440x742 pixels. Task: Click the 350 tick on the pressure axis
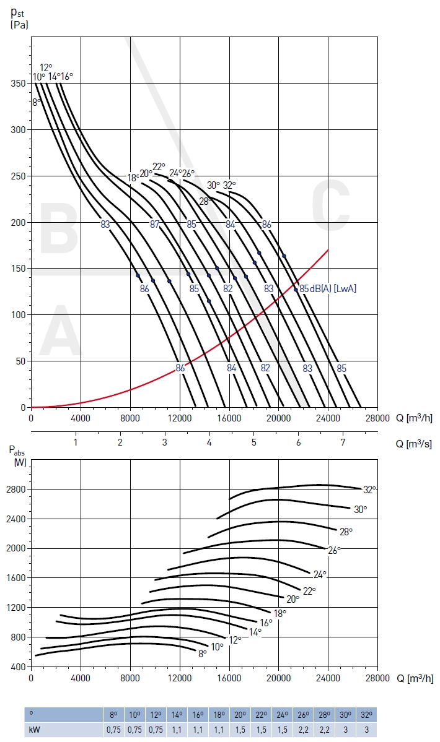click(17, 83)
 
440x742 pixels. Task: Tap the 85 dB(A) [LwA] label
click(328, 288)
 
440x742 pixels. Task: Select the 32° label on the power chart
click(370, 490)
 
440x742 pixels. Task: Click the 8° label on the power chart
click(203, 654)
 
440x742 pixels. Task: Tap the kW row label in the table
click(34, 729)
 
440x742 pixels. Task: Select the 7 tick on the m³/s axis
click(343, 442)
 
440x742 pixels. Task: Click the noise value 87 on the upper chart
click(155, 224)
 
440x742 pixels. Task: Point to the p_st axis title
click(20, 20)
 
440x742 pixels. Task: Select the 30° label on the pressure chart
click(213, 185)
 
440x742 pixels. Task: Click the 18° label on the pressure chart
click(133, 178)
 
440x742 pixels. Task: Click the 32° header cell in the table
click(367, 714)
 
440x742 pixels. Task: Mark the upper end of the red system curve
click(328, 250)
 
